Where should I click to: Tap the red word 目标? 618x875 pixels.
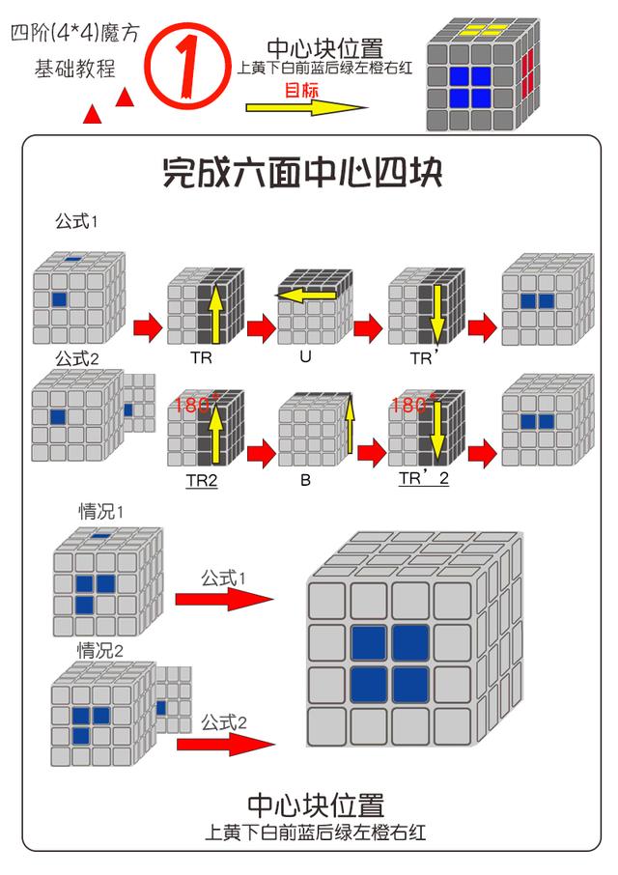301,91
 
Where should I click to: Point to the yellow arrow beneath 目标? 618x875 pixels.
306,108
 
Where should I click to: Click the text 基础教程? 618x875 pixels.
74,69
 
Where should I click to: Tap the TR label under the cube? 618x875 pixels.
201,356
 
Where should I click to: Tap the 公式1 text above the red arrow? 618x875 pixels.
224,578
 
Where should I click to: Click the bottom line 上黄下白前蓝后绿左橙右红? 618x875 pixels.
315,832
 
